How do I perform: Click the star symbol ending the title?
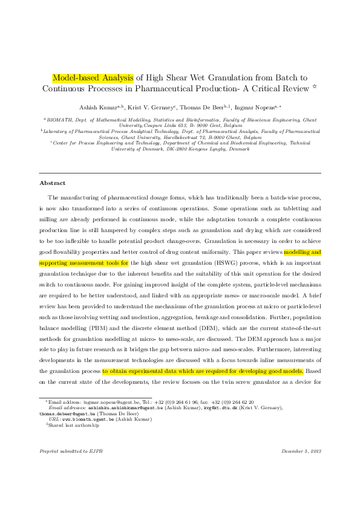click(315, 88)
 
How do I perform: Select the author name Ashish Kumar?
click(97, 106)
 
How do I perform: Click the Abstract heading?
click(52, 183)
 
